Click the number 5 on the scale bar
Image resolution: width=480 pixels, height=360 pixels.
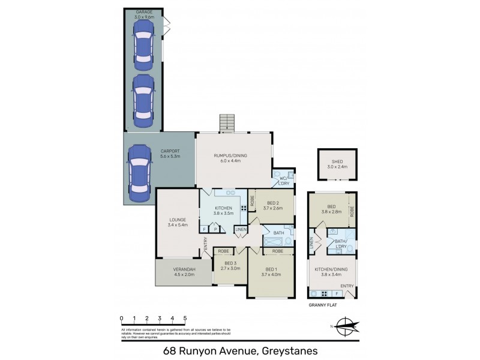pos(185,318)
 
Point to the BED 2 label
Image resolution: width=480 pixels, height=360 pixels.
pos(272,203)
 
